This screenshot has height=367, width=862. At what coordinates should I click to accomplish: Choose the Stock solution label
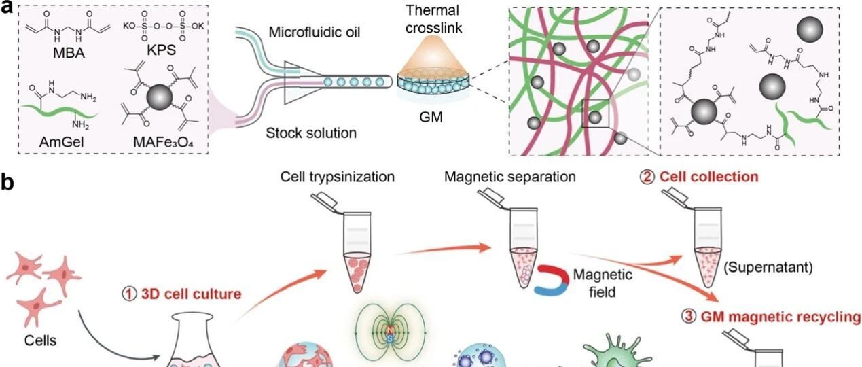click(x=311, y=133)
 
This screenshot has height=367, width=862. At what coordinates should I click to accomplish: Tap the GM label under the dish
click(x=431, y=117)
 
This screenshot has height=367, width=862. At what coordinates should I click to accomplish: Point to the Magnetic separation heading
click(x=510, y=177)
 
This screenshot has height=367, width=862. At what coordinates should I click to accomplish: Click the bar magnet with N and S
click(x=390, y=334)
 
